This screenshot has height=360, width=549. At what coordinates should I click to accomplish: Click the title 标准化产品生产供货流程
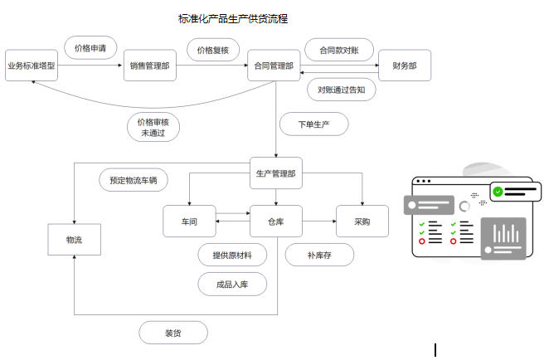click(233, 18)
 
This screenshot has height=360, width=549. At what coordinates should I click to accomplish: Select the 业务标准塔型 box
click(31, 66)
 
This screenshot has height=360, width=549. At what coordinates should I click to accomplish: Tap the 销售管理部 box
click(150, 66)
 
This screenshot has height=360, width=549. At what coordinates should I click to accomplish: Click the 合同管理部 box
click(274, 66)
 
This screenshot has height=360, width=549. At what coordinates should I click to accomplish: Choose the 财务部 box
click(405, 66)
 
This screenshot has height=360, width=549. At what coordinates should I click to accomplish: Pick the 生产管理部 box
click(275, 173)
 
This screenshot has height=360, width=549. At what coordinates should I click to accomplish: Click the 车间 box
click(189, 221)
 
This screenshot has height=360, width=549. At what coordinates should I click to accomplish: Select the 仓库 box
click(275, 221)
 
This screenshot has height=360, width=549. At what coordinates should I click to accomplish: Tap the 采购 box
click(362, 221)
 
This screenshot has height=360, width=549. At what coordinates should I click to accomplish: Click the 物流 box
click(74, 240)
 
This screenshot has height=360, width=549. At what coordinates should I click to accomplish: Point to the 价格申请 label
click(90, 48)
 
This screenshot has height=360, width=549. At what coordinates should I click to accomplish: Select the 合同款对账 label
click(338, 50)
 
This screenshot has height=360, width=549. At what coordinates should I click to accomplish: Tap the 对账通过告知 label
click(341, 89)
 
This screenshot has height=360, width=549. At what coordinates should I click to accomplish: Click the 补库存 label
click(319, 255)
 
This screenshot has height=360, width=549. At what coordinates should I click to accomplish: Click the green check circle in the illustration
click(498, 192)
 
